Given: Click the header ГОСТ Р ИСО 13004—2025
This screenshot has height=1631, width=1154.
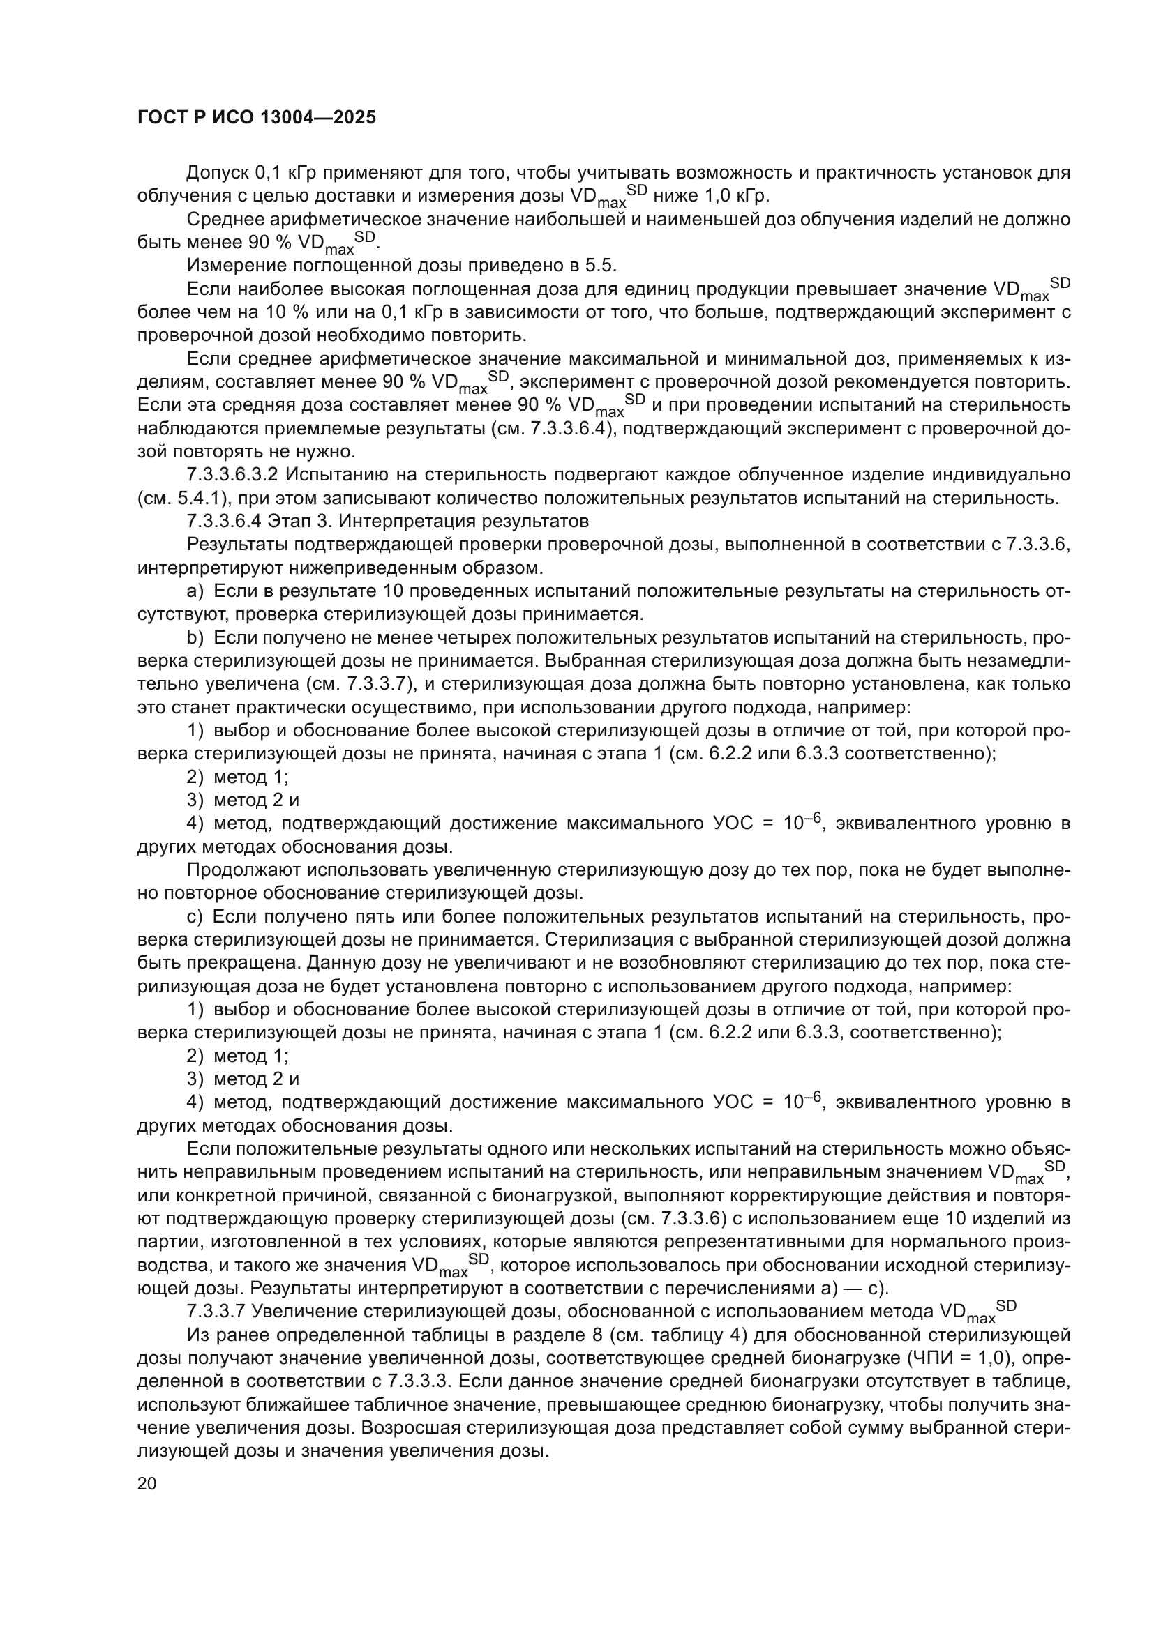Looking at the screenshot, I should click(x=257, y=118).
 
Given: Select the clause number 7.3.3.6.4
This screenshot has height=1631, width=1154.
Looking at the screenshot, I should click(x=224, y=522).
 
